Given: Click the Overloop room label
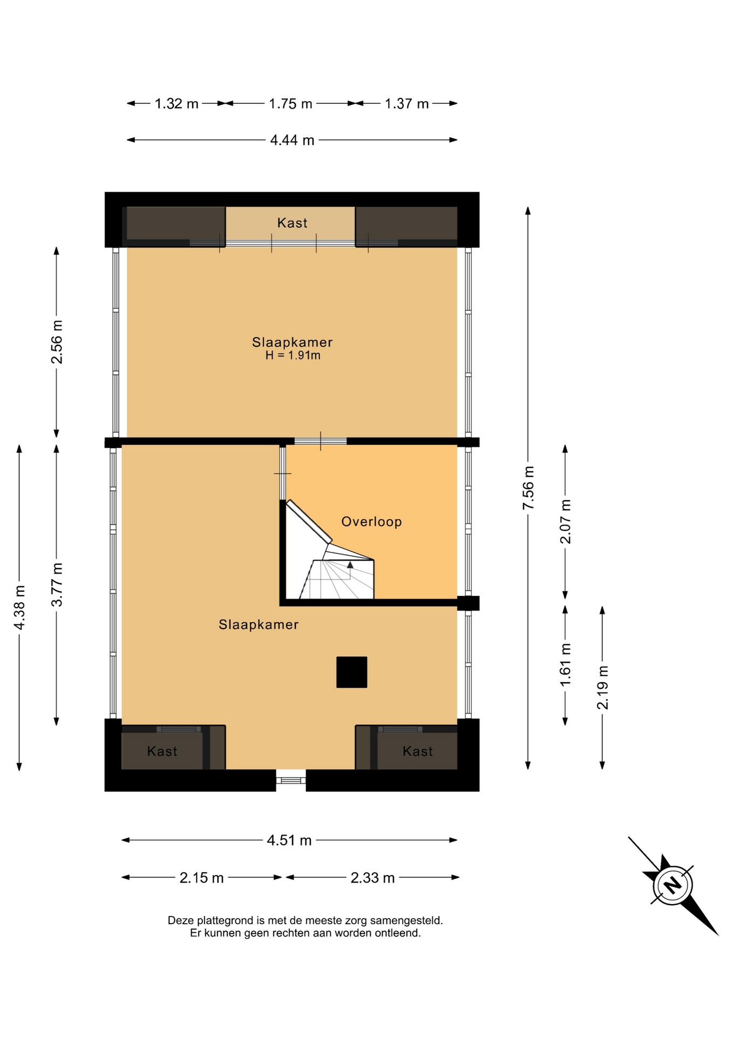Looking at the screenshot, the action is pos(371,522).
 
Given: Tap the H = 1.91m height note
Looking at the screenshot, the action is pos(293,355).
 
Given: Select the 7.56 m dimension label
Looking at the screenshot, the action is pos(528,488).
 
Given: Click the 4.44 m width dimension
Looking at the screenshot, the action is pos(292,140).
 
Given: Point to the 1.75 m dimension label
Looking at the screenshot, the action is pos(290,104).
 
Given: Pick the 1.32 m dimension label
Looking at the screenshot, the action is pos(177,104).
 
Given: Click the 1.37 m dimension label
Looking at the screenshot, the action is pos(406,104).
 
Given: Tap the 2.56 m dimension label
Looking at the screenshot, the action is pos(57,342).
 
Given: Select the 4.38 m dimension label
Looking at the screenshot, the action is pos(19,608).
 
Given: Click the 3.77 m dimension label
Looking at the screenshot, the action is pos(57,584).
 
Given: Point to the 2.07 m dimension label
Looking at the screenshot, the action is pos(565,522).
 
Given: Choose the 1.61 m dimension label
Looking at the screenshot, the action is pos(565,665).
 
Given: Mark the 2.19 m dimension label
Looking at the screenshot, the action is pos(602,688).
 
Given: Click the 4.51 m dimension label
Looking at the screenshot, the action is pos(289,840).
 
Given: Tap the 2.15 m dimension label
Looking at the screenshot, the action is pos(201,878).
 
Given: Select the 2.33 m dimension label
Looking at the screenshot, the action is pos(372,878).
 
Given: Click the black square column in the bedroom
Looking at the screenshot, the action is pos(352,672).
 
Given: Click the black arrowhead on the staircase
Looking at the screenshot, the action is pos(350,565).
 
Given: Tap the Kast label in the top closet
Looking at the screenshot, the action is pos(292,223).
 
